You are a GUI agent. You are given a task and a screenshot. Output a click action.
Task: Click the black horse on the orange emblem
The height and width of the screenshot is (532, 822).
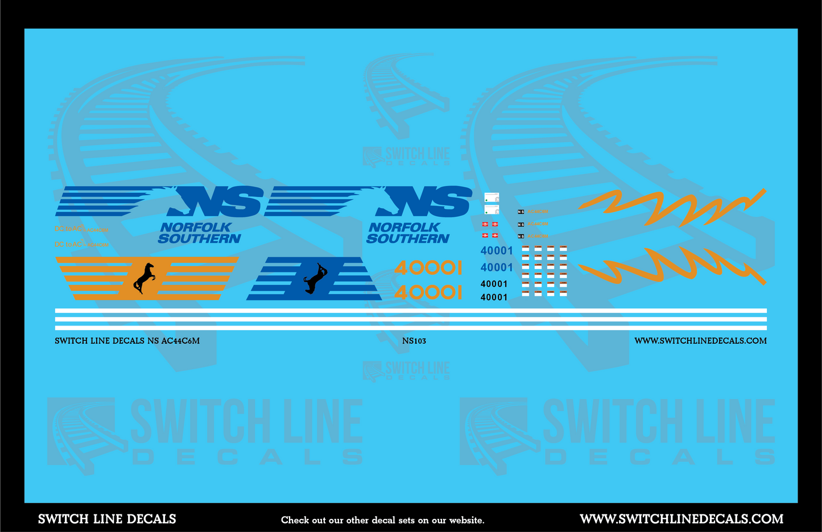(x=144, y=278)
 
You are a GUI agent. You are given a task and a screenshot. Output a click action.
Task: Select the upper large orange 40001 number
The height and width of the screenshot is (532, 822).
(x=428, y=267)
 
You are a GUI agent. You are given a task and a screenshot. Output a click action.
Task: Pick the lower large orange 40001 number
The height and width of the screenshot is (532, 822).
(x=428, y=292)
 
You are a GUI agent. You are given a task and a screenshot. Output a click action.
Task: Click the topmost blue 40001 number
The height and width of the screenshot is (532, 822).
(x=497, y=251)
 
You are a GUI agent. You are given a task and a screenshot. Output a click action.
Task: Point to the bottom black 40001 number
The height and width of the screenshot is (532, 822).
(x=494, y=297)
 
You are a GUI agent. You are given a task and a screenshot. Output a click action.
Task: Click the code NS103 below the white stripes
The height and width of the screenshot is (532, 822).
(x=414, y=341)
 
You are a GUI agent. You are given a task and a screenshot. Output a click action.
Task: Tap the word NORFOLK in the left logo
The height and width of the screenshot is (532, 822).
(x=196, y=227)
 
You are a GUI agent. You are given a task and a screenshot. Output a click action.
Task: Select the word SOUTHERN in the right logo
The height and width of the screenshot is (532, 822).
(x=408, y=239)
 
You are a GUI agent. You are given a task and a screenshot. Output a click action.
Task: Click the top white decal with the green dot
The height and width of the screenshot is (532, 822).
(x=491, y=197)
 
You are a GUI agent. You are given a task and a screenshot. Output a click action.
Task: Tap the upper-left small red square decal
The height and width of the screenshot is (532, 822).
(x=485, y=224)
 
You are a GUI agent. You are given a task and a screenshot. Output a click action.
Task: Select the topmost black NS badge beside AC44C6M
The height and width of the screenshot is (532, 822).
(x=521, y=212)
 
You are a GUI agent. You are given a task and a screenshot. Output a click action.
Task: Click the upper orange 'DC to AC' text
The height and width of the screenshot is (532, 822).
(x=80, y=229)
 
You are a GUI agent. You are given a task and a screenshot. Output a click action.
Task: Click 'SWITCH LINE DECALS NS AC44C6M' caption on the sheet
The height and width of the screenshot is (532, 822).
(x=127, y=341)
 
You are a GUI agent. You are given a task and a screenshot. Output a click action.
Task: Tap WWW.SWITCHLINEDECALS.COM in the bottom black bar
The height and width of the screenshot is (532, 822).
(x=681, y=519)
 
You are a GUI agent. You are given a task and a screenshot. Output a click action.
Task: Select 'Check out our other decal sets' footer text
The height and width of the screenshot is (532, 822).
(x=382, y=520)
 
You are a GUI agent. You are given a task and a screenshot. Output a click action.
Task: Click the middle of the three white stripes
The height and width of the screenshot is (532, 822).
(x=411, y=320)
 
